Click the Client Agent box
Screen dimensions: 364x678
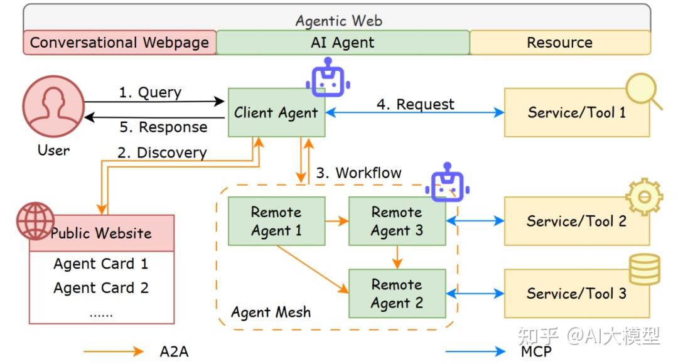[x=276, y=113]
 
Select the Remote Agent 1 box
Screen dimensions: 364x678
[x=276, y=222]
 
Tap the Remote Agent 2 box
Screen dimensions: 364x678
[x=397, y=294]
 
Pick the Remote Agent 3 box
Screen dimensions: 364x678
[x=397, y=222]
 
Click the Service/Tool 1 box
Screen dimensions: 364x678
[x=576, y=113]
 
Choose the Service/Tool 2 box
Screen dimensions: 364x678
[x=576, y=222]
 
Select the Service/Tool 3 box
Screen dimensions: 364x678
[x=576, y=294]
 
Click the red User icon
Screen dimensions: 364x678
[x=53, y=110]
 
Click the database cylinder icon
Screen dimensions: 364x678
[x=644, y=270]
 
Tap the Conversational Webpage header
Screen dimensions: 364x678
[x=120, y=43]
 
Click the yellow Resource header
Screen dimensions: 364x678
[x=560, y=43]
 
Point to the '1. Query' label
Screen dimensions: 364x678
[x=150, y=92]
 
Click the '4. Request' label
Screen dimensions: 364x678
[x=415, y=104]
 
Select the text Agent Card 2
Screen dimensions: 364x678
[x=101, y=288]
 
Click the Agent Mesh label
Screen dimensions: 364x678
[x=271, y=312]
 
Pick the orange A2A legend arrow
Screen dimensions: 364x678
[x=113, y=351]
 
